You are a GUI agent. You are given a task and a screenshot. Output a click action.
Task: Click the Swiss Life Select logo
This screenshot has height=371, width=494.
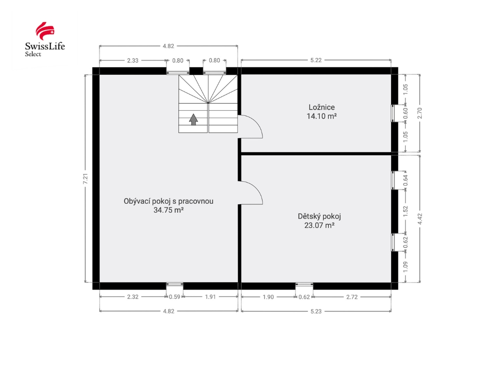(x=45, y=40)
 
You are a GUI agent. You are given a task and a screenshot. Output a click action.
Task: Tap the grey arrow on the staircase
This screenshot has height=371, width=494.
(x=193, y=120)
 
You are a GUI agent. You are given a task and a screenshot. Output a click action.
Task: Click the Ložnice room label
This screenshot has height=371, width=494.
(x=322, y=107)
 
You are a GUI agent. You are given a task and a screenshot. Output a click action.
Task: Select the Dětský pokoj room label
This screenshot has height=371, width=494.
(x=319, y=216)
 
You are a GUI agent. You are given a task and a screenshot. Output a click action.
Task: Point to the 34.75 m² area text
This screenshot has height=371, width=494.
(x=168, y=210)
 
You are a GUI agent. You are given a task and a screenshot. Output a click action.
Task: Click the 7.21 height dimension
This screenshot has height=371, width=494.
(x=85, y=179)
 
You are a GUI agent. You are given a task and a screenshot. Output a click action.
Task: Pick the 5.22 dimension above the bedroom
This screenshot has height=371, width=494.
(x=316, y=60)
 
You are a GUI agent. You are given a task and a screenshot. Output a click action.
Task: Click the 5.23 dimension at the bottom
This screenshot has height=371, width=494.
(x=316, y=311)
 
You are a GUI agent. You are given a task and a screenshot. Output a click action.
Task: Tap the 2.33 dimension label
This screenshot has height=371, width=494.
(x=133, y=61)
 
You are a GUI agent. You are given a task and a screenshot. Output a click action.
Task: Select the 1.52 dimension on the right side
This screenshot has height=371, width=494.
(x=406, y=211)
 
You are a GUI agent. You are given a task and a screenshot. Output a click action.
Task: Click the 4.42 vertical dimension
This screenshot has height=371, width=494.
(x=420, y=219)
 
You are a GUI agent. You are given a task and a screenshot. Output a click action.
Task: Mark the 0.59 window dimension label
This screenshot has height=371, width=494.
(x=175, y=297)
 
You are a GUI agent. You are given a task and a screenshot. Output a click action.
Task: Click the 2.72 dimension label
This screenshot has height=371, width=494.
(x=352, y=297)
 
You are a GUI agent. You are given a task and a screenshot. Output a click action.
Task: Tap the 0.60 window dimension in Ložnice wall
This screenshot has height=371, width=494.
(x=406, y=113)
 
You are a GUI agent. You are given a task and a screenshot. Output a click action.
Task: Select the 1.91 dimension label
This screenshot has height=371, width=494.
(x=210, y=297)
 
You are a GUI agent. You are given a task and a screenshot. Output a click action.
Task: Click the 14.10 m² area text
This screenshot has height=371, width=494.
(x=322, y=116)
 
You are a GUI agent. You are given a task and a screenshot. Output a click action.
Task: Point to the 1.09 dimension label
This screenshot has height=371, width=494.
(x=406, y=266)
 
